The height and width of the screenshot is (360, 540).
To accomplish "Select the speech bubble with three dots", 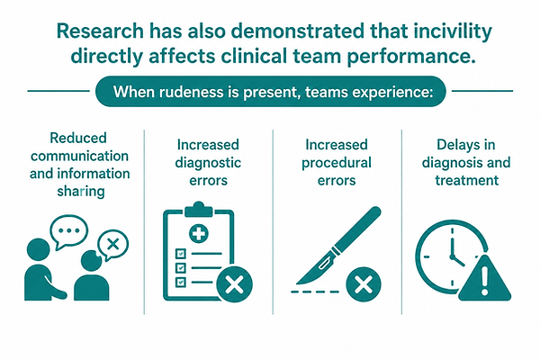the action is coord(69,230).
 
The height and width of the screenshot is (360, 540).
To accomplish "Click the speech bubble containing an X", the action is coord(112,245).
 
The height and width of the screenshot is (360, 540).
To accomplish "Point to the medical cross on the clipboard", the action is coord(199,233).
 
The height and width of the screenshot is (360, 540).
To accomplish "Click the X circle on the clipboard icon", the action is coord(235,284).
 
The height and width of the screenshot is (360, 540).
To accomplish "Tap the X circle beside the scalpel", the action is coord(364,284).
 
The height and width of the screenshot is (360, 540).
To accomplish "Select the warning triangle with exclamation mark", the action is coord(484,279).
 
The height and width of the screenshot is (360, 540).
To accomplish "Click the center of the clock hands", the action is coord(452,256).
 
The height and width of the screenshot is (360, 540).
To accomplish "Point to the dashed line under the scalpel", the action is coord(315,292).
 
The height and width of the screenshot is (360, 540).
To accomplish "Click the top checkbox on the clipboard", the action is coord(181,254).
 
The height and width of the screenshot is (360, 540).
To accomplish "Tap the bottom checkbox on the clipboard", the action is coord(181,282).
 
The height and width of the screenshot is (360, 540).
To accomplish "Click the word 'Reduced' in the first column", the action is coord(78,138).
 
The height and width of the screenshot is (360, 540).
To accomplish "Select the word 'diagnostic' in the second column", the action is coord(208,163).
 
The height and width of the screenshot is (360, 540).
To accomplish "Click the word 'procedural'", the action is coord(337,163).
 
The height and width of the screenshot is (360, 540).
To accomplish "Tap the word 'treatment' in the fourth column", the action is coord(466,180).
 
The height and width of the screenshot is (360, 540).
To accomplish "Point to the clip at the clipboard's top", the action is coord(199,210).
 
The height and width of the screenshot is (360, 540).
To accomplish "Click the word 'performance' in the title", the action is coord(411,58).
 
